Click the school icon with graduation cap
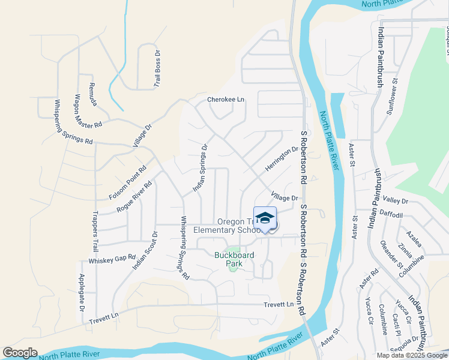click(265, 218)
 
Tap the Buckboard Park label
click(234, 259)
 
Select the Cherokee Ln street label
click(226, 100)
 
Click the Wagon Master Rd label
click(88, 110)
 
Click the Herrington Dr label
click(282, 158)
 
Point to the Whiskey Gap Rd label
click(112, 259)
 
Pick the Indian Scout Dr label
click(145, 250)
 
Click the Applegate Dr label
click(82, 293)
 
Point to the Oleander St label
click(391, 255)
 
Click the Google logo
click(20, 353)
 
